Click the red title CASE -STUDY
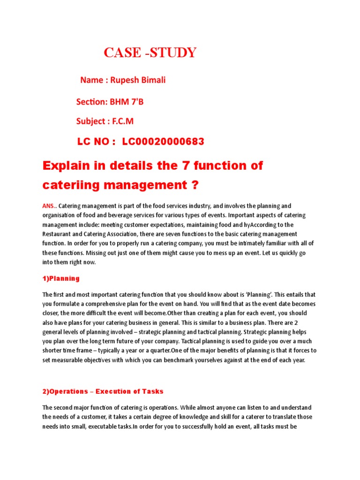[150, 53]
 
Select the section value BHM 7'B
[127, 101]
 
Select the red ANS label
[48, 206]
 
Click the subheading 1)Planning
[61, 278]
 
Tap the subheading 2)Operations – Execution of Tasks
[103, 391]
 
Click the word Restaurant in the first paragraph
[59, 234]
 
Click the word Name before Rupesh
[92, 80]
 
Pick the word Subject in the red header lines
[90, 121]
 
